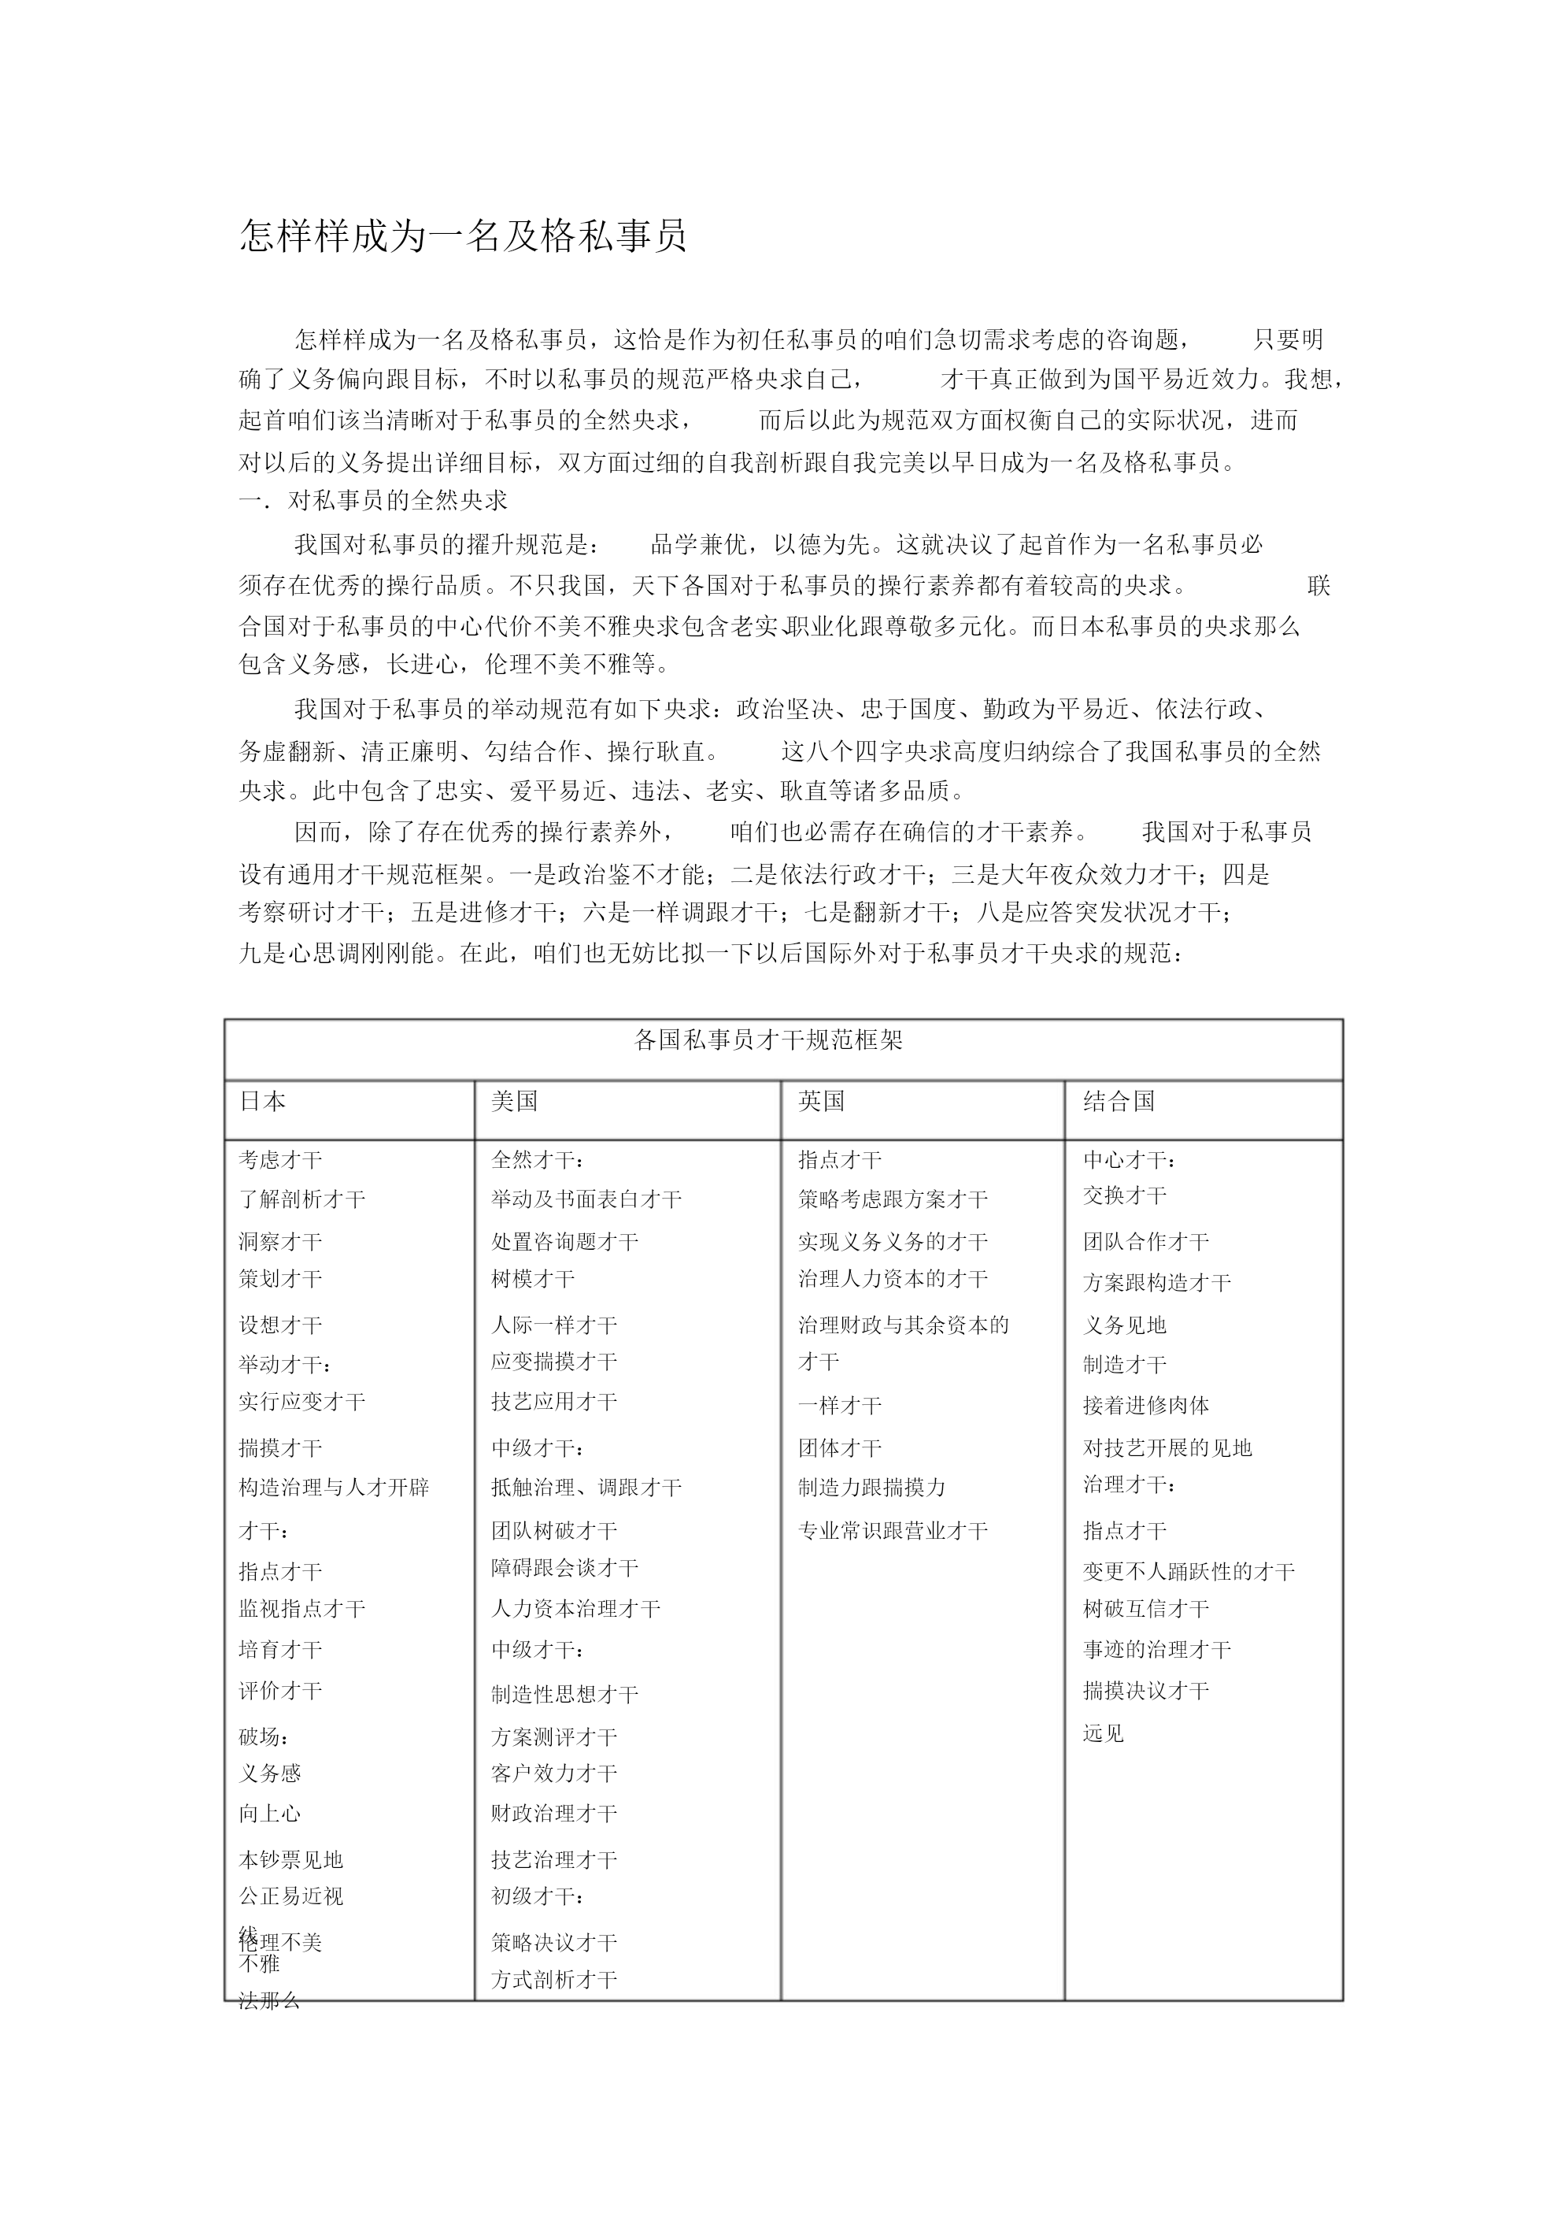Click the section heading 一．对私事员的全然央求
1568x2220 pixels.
click(x=373, y=501)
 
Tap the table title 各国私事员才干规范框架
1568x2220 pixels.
click(x=768, y=1040)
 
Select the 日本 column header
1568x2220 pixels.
click(x=262, y=1101)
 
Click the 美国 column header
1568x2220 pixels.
click(x=514, y=1101)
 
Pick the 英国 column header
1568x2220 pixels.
click(x=822, y=1101)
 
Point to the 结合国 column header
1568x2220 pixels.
click(x=1119, y=1101)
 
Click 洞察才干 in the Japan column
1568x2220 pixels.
click(x=280, y=1241)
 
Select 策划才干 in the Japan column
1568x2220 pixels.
click(x=280, y=1279)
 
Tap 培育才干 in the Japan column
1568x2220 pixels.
click(x=280, y=1651)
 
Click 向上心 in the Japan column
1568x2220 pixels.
click(x=270, y=1814)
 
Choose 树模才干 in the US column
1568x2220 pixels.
click(x=533, y=1279)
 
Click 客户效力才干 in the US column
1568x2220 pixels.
click(x=554, y=1773)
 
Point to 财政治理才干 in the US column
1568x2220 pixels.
click(x=554, y=1814)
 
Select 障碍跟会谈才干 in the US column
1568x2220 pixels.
click(x=564, y=1567)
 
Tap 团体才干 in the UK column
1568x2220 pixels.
click(x=840, y=1448)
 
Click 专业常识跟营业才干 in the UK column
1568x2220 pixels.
click(x=893, y=1531)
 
